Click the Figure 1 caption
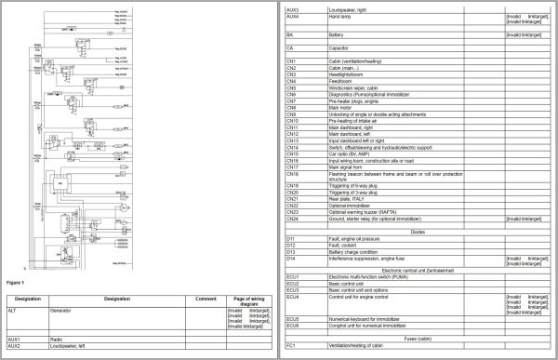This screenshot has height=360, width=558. pyautogui.click(x=16, y=279)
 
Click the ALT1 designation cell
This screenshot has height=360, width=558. pyautogui.click(x=13, y=309)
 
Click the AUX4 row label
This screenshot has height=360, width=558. pyautogui.click(x=293, y=16)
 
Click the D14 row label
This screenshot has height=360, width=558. pyautogui.click(x=292, y=258)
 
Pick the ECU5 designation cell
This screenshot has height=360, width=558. pyautogui.click(x=293, y=317)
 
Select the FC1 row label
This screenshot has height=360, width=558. pyautogui.click(x=292, y=346)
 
